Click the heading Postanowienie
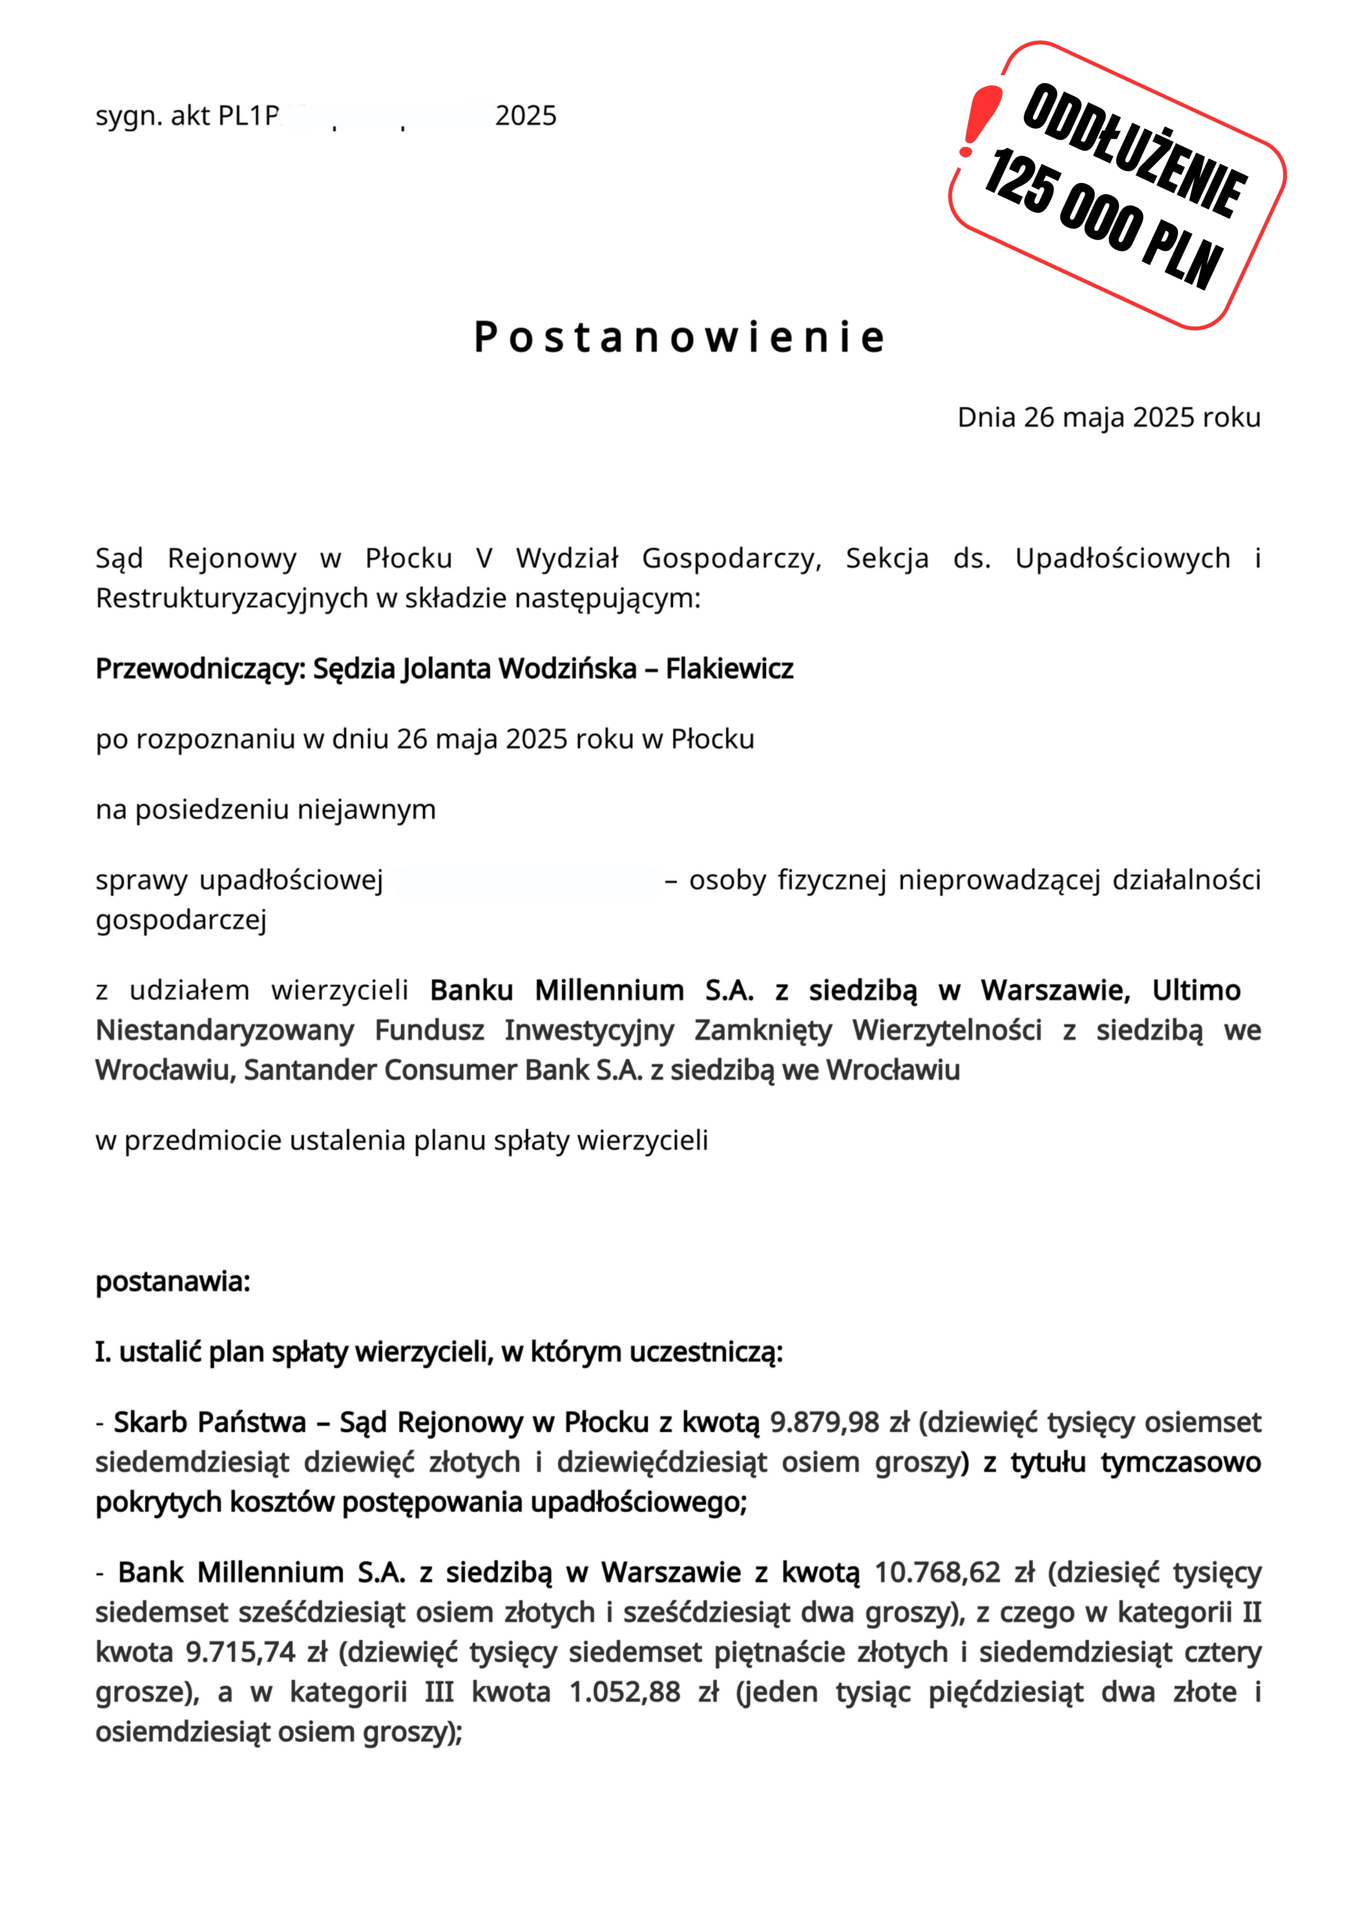coord(678,337)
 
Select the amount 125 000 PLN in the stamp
coord(1104,219)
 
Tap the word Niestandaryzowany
coord(224,1030)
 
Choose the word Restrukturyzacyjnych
coord(232,599)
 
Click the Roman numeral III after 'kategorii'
coord(439,1692)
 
